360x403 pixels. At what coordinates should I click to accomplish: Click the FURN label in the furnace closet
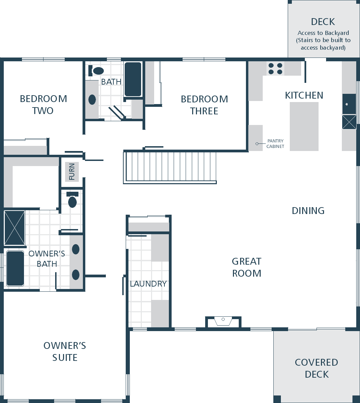tap(72, 172)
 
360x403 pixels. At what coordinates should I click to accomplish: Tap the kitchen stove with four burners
tap(275, 68)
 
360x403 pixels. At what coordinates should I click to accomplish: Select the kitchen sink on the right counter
tap(349, 104)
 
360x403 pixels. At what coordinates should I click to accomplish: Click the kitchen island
tap(304, 126)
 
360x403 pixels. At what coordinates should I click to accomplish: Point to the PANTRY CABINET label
tap(275, 144)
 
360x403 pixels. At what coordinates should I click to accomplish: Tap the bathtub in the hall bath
tap(133, 79)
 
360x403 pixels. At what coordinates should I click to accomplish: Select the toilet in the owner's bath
tap(73, 200)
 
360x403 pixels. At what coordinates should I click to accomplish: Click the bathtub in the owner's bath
tap(15, 268)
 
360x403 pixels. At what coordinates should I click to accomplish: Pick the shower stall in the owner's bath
tap(15, 228)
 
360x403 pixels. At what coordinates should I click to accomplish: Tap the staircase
tap(170, 167)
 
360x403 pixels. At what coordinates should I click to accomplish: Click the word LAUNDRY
tap(148, 284)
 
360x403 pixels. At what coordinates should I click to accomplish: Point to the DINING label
tap(308, 211)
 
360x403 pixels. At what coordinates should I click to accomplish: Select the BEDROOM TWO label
tap(43, 105)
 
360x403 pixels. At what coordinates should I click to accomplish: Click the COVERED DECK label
tap(316, 368)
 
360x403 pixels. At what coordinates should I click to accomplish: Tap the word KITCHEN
tap(304, 95)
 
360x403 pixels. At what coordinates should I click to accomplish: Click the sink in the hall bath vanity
tap(92, 99)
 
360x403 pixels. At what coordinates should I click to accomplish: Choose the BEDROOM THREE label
tap(204, 105)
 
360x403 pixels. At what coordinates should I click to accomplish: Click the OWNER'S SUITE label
tap(65, 351)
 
